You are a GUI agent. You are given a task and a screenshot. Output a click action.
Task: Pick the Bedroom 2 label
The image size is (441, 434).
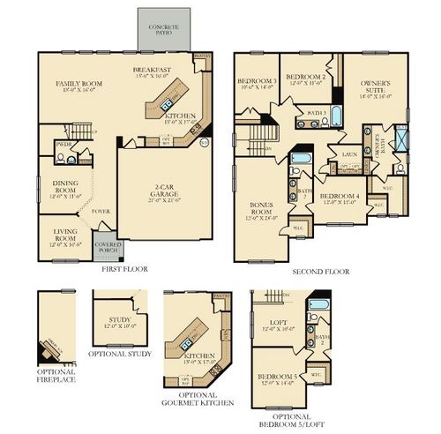point(305,78)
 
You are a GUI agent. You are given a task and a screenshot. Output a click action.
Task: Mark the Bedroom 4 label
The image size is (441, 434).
point(339,197)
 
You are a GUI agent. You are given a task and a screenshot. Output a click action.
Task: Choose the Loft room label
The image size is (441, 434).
point(277,322)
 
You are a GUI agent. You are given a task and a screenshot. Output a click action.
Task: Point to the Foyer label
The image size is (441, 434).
point(101,213)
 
